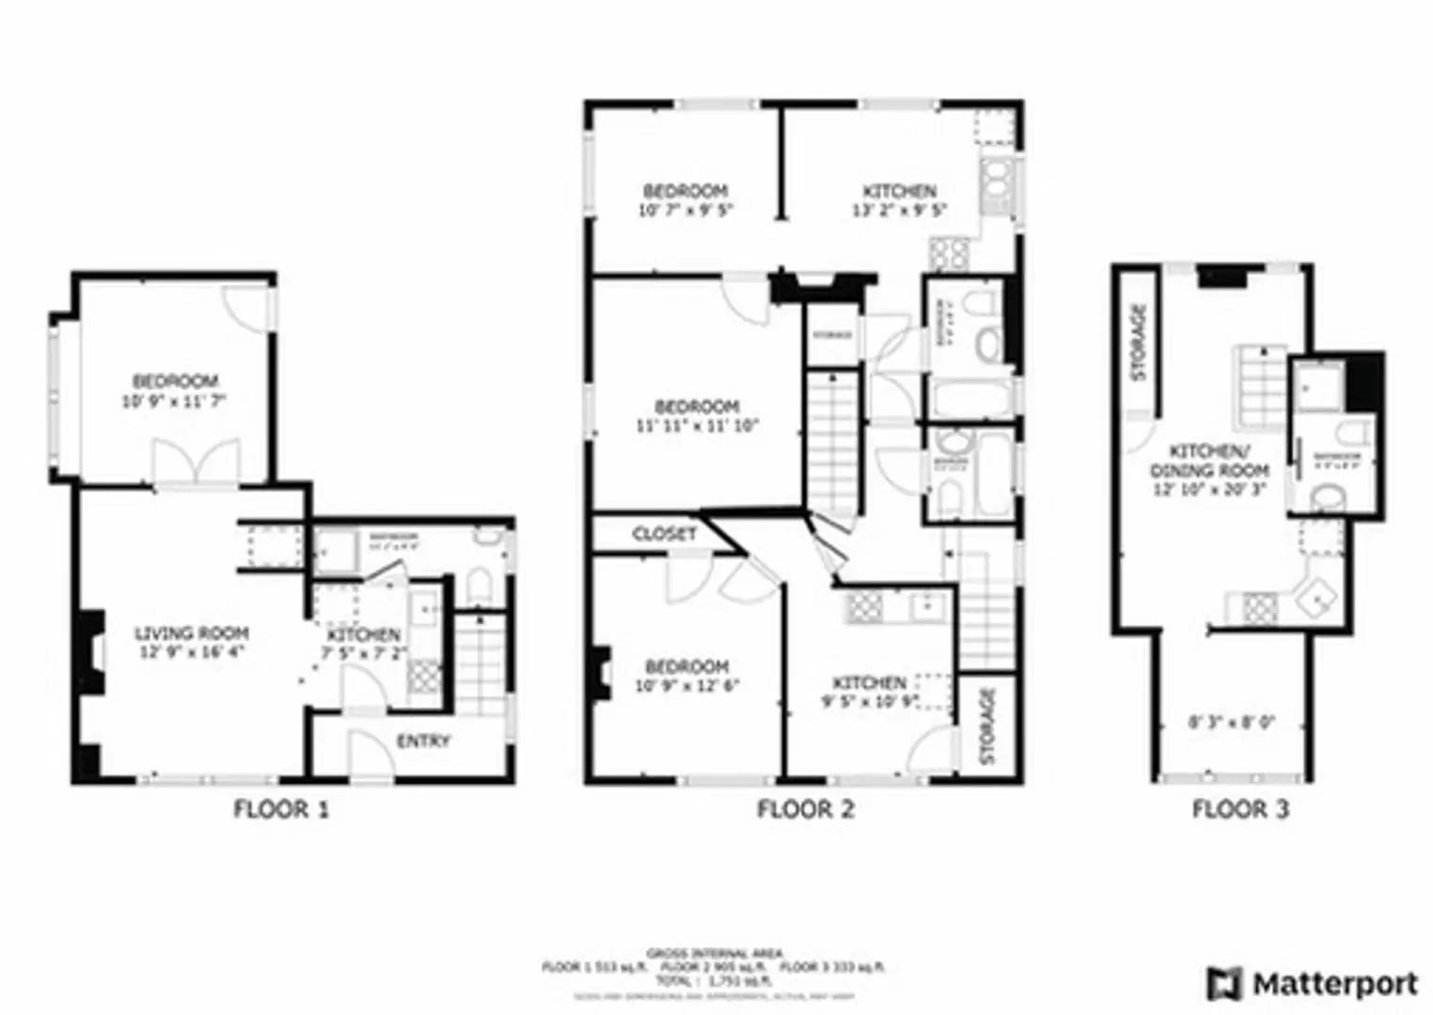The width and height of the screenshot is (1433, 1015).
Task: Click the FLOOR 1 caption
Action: tap(281, 809)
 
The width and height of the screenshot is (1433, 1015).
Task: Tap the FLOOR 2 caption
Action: tap(806, 809)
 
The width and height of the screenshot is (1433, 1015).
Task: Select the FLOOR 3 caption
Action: tap(1240, 809)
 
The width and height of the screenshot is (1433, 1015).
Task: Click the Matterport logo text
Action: tap(1334, 984)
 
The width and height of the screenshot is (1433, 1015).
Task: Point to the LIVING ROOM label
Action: tap(191, 633)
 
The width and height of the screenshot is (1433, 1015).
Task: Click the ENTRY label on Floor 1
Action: tap(423, 742)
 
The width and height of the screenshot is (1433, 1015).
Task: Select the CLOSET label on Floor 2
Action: tap(665, 534)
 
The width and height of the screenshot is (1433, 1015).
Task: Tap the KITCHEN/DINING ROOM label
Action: tap(1209, 461)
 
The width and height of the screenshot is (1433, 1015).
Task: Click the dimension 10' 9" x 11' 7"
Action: tap(175, 401)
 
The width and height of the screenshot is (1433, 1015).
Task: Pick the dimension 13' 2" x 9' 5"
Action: tap(899, 211)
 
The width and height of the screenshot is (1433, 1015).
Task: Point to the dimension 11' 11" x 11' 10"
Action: tap(697, 425)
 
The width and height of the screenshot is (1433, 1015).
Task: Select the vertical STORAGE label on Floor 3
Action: tap(1140, 341)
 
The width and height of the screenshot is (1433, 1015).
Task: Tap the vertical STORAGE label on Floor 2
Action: tap(986, 726)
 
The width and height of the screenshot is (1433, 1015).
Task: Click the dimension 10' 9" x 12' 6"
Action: tap(687, 685)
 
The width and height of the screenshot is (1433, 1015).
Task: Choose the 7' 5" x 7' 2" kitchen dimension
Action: tap(364, 653)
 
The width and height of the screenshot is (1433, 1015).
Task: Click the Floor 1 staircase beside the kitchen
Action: tap(480, 663)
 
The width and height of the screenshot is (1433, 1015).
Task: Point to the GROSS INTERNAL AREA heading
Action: tap(714, 953)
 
